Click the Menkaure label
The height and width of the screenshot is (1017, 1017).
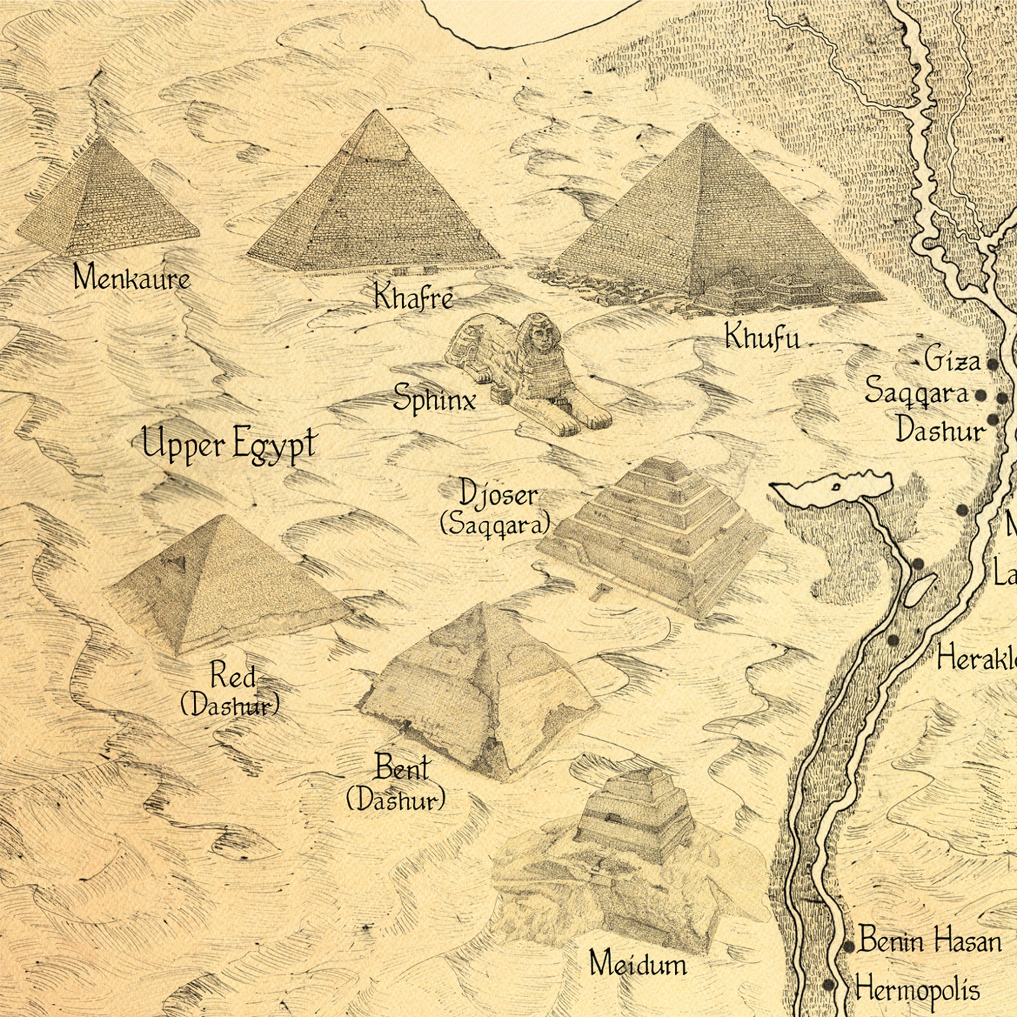[131, 278]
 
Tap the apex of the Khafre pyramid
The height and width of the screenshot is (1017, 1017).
[375, 111]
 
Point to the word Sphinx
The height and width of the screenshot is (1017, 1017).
[434, 399]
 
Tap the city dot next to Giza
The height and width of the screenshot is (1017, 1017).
[992, 364]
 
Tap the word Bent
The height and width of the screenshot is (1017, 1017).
[402, 769]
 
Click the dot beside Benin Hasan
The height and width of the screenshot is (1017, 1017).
[849, 932]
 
